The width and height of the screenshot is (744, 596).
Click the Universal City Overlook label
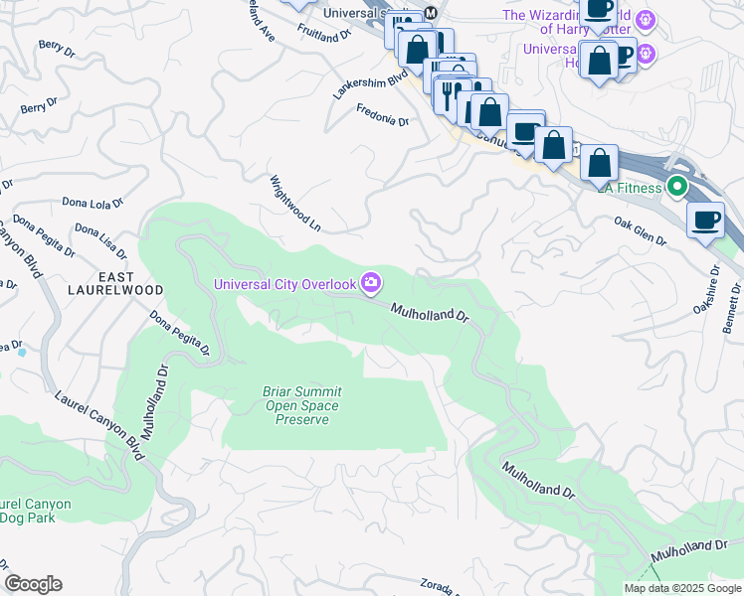click(x=285, y=285)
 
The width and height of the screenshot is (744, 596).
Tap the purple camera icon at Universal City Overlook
click(x=371, y=284)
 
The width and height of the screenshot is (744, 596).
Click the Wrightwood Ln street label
click(x=295, y=204)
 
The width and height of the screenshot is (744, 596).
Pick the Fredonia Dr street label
click(x=382, y=117)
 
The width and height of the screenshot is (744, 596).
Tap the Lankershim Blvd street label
click(x=372, y=86)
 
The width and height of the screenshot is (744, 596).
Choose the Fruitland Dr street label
click(x=324, y=33)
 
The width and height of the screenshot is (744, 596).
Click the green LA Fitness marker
click(x=678, y=186)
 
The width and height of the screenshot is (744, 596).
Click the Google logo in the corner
click(x=33, y=584)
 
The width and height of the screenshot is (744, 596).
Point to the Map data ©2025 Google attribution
click(x=681, y=588)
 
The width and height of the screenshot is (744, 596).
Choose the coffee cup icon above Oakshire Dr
click(x=705, y=220)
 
